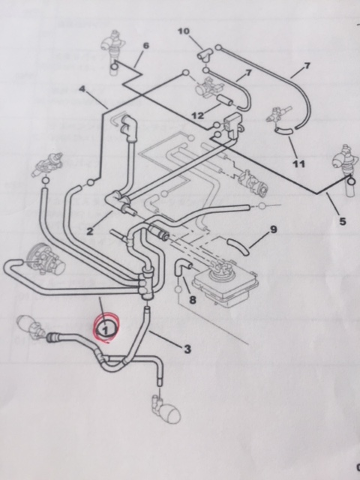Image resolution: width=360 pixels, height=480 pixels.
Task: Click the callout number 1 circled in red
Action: click(105, 330)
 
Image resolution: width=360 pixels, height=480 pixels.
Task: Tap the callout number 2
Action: click(89, 231)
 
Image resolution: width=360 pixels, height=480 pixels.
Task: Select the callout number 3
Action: click(187, 349)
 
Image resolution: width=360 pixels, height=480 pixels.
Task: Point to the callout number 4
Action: click(82, 89)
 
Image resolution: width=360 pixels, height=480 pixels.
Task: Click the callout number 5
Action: click(343, 221)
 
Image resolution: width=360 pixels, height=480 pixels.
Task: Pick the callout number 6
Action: click(146, 46)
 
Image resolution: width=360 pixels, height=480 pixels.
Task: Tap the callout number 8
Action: click(192, 300)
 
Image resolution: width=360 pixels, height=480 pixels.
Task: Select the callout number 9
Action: click(273, 229)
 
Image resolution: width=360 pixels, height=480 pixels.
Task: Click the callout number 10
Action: click(183, 31)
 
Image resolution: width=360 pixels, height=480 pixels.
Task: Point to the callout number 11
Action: click(298, 163)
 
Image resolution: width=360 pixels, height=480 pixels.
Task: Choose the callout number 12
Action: click(197, 115)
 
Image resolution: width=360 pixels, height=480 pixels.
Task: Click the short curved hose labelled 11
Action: click(283, 131)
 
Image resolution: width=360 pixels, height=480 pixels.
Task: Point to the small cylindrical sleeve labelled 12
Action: click(225, 100)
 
